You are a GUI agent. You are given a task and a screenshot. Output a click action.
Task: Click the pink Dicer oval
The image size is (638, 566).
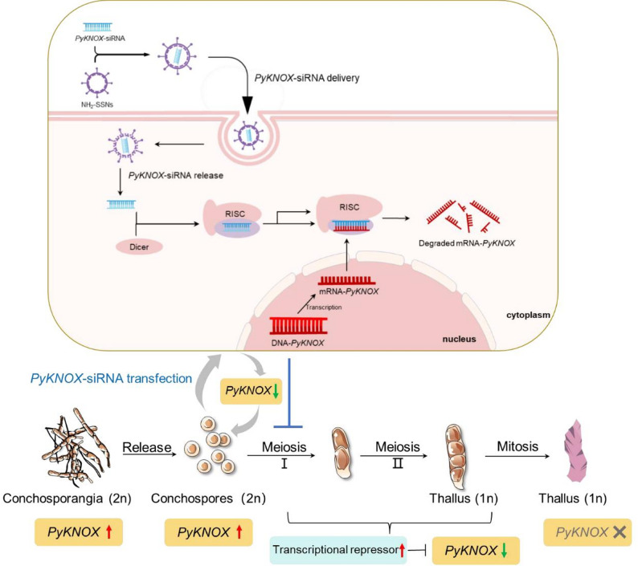tap(139, 246)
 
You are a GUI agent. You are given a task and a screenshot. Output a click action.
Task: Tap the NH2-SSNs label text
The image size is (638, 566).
tap(97, 104)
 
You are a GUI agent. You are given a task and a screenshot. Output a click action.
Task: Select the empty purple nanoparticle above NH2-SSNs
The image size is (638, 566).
tap(96, 83)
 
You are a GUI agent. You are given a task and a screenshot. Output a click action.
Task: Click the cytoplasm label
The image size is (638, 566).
tap(528, 315)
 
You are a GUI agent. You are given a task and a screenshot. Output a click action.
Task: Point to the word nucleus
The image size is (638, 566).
tap(459, 339)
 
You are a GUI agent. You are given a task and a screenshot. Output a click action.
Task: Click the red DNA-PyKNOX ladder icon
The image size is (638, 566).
tap(298, 325)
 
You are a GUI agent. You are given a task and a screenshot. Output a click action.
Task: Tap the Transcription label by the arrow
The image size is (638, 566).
tap(324, 307)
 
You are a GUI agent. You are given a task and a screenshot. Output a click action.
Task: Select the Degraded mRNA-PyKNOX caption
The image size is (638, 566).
tap(467, 243)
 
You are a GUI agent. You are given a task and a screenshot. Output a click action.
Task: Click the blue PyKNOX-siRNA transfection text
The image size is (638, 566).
tap(111, 379)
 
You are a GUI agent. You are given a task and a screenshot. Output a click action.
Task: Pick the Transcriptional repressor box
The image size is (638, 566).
tap(338, 550)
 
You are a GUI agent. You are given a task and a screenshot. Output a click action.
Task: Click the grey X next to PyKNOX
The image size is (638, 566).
tap(620, 531)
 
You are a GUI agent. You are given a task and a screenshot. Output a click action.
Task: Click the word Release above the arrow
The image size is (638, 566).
tap(147, 447)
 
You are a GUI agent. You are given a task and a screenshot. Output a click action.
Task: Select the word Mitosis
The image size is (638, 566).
tap(517, 446)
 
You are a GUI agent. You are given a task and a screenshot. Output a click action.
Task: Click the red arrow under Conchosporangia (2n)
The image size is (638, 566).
tap(108, 531)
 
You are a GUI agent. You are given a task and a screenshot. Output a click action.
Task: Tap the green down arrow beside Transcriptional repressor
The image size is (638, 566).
tap(504, 550)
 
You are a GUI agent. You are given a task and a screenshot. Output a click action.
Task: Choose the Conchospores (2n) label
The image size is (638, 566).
tap(208, 498)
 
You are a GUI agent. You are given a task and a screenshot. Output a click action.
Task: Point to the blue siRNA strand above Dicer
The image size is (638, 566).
tap(121, 204)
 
